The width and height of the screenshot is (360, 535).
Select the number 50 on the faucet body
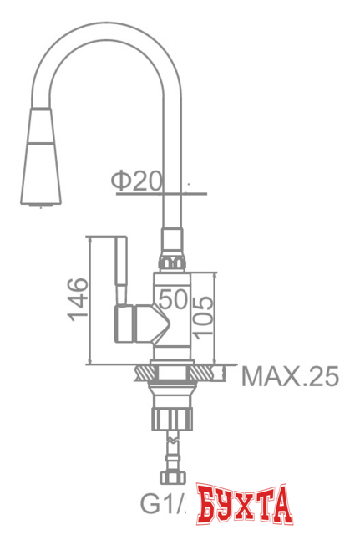coord(173,298)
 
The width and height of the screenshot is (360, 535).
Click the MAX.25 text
coord(290,377)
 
